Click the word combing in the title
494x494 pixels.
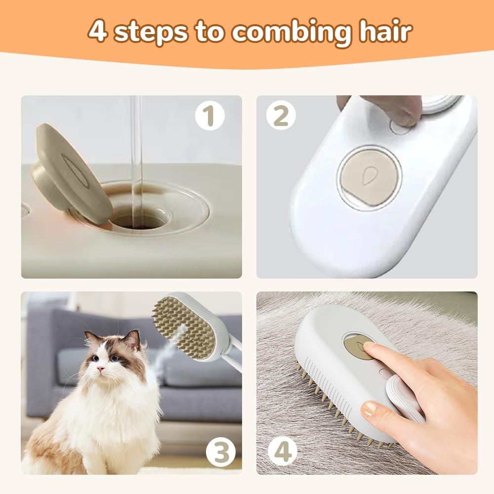[x=287, y=33]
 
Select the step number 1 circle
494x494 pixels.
[x=209, y=117]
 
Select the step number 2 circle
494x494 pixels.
[x=281, y=117]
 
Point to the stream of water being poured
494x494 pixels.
[x=137, y=148]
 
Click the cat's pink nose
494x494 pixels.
[x=100, y=369]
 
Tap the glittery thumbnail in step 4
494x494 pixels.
[x=368, y=410]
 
